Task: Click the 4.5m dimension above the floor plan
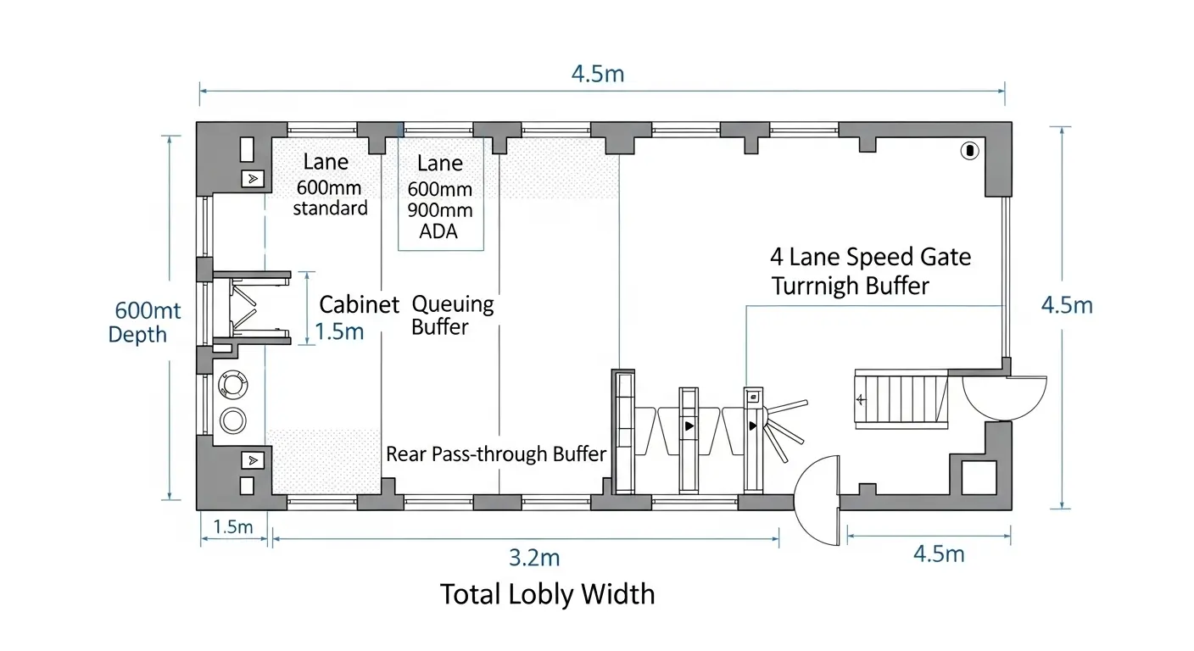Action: [x=598, y=74]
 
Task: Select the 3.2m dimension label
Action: [x=534, y=557]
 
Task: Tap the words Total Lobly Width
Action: [x=548, y=593]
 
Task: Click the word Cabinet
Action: [x=359, y=305]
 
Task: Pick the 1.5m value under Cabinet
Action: [x=339, y=331]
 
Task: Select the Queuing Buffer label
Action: [x=452, y=314]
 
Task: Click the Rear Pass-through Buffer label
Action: [x=496, y=454]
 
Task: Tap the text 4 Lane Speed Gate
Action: [x=870, y=257]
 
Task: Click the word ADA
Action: [x=438, y=230]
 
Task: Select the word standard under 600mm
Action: [x=331, y=209]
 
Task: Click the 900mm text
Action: [x=440, y=209]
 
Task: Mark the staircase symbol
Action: [x=901, y=398]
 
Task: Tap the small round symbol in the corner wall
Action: [x=968, y=151]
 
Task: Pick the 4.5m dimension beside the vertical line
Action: [x=1067, y=305]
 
